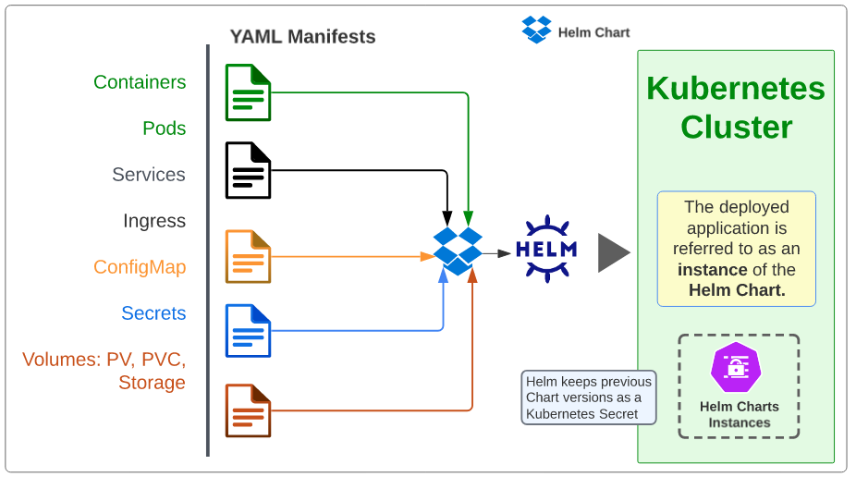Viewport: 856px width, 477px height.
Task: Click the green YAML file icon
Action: pyautogui.click(x=248, y=92)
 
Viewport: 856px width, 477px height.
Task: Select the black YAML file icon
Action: pyautogui.click(x=248, y=170)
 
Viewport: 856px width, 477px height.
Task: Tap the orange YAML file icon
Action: pyautogui.click(x=248, y=256)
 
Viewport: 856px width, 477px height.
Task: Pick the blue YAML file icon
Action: pyautogui.click(x=248, y=330)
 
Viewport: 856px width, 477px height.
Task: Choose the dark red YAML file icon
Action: pyautogui.click(x=248, y=410)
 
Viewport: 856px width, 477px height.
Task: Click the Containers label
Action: pyautogui.click(x=140, y=82)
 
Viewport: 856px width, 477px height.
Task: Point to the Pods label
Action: pyautogui.click(x=164, y=128)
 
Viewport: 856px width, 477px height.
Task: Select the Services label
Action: pyautogui.click(x=148, y=175)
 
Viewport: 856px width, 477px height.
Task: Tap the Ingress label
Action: pyautogui.click(x=153, y=221)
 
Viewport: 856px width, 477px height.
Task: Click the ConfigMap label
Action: pyautogui.click(x=140, y=267)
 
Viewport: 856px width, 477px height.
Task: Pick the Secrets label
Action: pyautogui.click(x=153, y=313)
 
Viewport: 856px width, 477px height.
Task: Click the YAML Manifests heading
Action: pyautogui.click(x=302, y=38)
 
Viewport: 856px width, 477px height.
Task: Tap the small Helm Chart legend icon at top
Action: pyautogui.click(x=536, y=30)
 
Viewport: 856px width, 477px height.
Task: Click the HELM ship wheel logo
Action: pyautogui.click(x=545, y=250)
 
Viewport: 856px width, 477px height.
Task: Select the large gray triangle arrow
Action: pyautogui.click(x=612, y=252)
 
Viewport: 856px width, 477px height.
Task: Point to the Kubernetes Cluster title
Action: pyautogui.click(x=736, y=107)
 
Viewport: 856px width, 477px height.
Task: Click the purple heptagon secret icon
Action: pyautogui.click(x=736, y=367)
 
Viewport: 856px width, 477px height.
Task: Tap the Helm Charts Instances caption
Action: pyautogui.click(x=739, y=414)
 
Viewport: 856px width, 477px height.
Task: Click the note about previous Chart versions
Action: pyautogui.click(x=589, y=397)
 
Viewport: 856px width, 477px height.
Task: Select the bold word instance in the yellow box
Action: pyautogui.click(x=712, y=270)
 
